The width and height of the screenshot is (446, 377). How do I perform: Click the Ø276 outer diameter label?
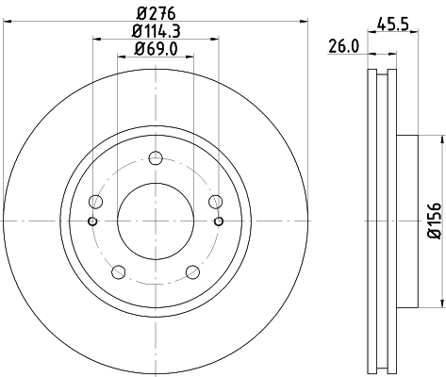(x=156, y=13)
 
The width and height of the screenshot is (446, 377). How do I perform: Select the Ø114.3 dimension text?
(x=156, y=31)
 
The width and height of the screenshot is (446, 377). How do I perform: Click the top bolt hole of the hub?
(x=156, y=157)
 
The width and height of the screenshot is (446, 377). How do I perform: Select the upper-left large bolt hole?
(x=94, y=201)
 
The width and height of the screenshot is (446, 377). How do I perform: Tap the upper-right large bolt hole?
(x=216, y=201)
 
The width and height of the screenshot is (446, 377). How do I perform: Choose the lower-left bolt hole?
(x=118, y=272)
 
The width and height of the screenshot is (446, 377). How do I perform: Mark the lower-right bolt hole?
(x=193, y=272)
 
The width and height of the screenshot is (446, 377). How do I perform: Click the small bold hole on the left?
(x=91, y=221)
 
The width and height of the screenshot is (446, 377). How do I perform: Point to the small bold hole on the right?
(x=219, y=221)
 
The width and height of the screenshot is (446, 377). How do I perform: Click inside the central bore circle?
(x=156, y=221)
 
